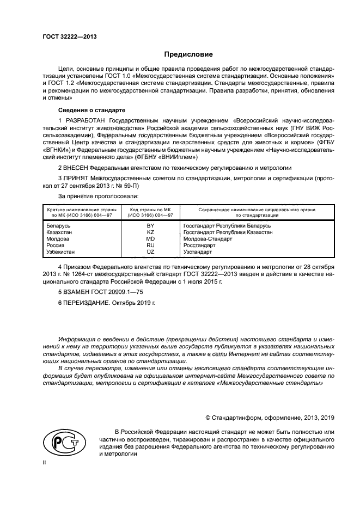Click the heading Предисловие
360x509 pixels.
point(189,54)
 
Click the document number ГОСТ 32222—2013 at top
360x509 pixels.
point(70,37)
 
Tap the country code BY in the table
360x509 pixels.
point(151,225)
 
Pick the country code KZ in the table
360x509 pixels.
point(151,232)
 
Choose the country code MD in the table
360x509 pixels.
point(151,238)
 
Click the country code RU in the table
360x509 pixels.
point(151,245)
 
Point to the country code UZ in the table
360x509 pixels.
point(151,252)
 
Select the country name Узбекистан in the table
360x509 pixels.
point(61,252)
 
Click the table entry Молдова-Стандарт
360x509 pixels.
point(208,238)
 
